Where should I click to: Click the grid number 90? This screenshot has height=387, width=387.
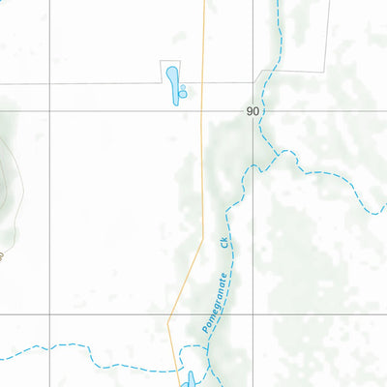[253, 111]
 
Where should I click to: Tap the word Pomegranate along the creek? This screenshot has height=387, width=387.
[212, 302]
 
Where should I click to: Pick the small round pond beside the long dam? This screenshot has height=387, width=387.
[182, 94]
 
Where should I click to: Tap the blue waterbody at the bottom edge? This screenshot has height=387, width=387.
[190, 378]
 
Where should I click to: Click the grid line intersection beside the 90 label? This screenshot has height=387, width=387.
[253, 111]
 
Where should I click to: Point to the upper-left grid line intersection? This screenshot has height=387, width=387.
[50, 111]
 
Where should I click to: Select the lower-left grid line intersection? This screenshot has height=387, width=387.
[50, 313]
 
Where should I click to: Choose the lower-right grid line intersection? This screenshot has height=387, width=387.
[253, 313]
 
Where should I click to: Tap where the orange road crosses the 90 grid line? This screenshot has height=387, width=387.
[201, 111]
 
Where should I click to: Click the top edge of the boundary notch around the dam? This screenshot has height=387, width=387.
[171, 61]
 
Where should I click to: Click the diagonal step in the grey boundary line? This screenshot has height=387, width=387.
[259, 76]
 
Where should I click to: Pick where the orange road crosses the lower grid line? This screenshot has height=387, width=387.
[170, 313]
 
